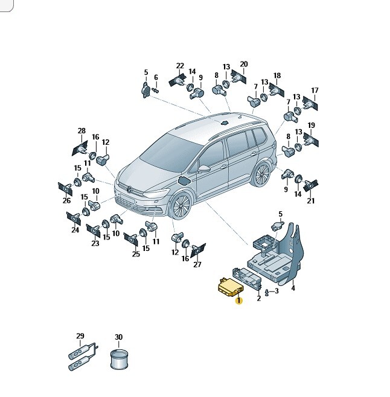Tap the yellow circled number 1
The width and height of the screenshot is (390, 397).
238,300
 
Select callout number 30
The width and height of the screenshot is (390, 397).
118,337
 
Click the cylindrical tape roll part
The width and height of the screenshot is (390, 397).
120,359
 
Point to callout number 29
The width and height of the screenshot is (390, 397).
80,335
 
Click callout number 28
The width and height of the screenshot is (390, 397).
82,131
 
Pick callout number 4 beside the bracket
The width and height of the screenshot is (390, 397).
293,288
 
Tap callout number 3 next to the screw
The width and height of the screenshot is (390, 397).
277,291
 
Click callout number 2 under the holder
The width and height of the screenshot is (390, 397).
258,298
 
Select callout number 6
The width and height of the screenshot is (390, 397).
156,77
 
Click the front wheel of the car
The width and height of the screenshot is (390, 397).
181,205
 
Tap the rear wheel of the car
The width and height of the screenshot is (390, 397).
261,174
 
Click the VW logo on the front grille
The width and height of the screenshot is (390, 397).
129,189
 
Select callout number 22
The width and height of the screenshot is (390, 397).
180,66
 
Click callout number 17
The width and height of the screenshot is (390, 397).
315,90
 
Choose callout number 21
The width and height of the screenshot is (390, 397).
311,201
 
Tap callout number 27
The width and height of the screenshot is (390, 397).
197,264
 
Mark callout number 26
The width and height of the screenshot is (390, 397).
66,200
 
